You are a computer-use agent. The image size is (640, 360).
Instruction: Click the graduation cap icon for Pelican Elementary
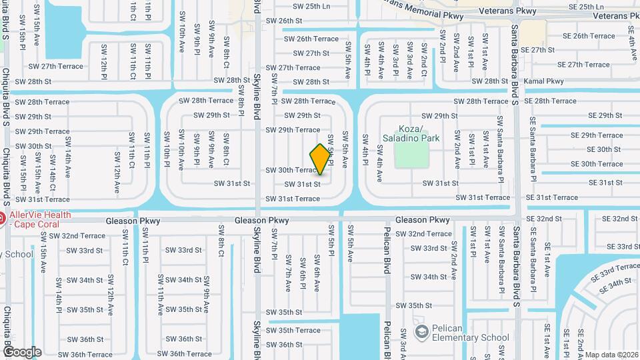[421, 332]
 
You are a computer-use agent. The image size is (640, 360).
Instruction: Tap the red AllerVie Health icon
[2, 218]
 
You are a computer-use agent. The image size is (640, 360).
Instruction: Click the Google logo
[22, 352]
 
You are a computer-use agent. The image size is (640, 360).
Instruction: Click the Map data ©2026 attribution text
[611, 355]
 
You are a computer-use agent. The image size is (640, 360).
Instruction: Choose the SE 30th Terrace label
[597, 164]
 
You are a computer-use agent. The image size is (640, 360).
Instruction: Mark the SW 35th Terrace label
[293, 330]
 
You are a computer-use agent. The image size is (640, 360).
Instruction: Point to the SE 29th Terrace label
[597, 135]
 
